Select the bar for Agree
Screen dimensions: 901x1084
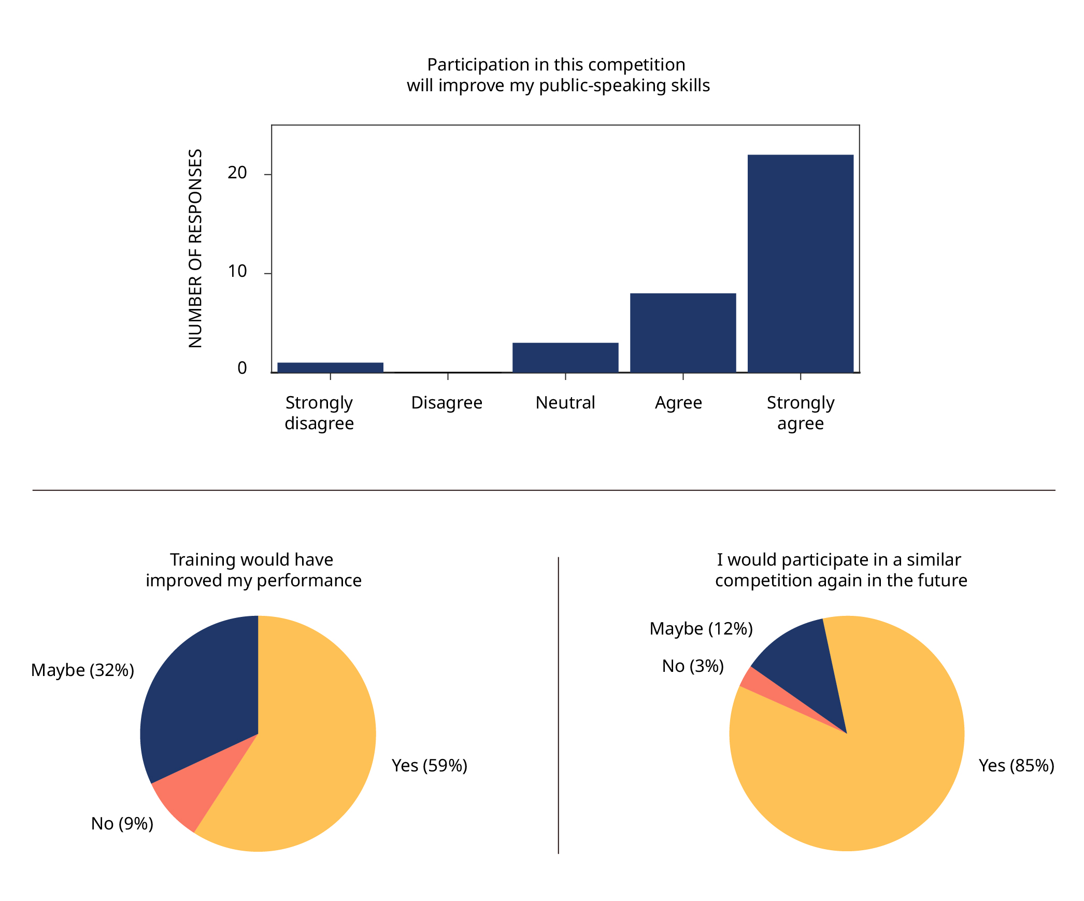pyautogui.click(x=682, y=333)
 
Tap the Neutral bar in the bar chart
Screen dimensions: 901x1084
pyautogui.click(x=565, y=357)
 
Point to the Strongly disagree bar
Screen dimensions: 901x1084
pyautogui.click(x=330, y=367)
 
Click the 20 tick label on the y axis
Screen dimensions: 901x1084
pyautogui.click(x=237, y=173)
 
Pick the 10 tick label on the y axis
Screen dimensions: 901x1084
pyautogui.click(x=237, y=272)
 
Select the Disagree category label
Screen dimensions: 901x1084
pyautogui.click(x=447, y=403)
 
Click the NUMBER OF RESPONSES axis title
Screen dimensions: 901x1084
pyautogui.click(x=195, y=248)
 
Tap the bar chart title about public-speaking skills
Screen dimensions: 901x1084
pyautogui.click(x=558, y=75)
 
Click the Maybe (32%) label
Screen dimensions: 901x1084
pyautogui.click(x=82, y=670)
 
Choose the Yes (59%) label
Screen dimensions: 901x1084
pyautogui.click(x=429, y=766)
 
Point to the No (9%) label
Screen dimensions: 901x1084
pyautogui.click(x=122, y=824)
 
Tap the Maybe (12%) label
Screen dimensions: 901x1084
pyautogui.click(x=701, y=629)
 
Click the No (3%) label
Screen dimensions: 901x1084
pyautogui.click(x=692, y=666)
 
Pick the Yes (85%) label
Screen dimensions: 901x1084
pyautogui.click(x=1016, y=766)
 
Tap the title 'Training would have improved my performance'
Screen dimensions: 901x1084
pyautogui.click(x=253, y=570)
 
